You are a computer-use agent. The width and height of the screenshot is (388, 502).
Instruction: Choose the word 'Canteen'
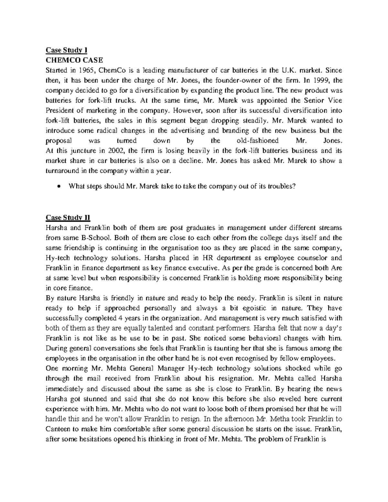tap(56, 429)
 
